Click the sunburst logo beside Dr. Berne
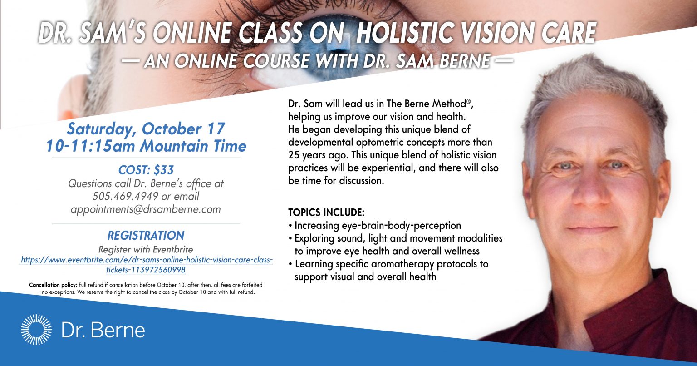click(36, 329)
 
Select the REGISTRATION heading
click(146, 236)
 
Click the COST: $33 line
click(146, 170)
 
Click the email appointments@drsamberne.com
click(146, 209)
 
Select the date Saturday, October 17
click(146, 129)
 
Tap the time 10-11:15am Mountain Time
click(146, 146)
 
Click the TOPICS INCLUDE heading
click(326, 213)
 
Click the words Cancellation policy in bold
click(53, 285)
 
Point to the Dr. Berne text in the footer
click(103, 330)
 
